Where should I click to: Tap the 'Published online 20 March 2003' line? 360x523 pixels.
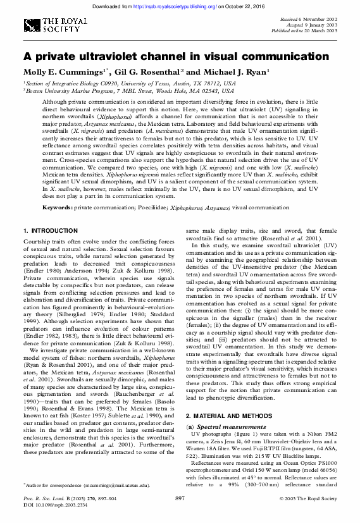click(306, 30)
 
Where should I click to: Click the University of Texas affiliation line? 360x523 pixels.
click(130, 83)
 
